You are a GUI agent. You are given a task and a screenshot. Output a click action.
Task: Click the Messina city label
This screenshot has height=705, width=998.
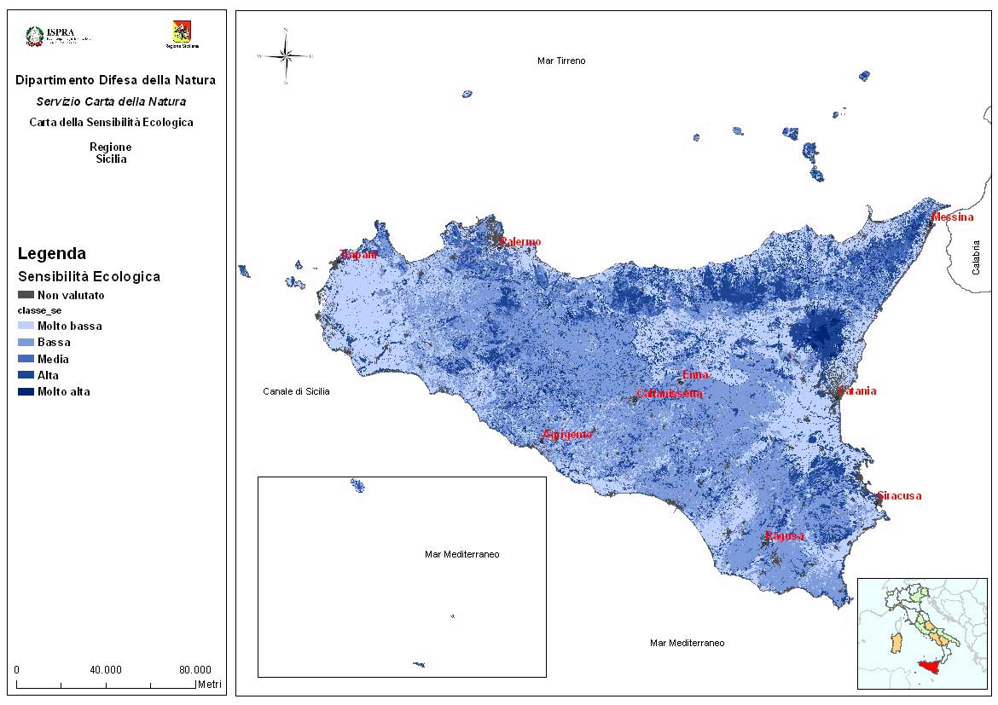(x=952, y=217)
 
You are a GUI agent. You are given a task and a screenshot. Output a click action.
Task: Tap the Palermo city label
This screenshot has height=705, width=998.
(x=520, y=242)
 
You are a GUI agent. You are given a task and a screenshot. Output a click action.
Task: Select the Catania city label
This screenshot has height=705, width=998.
(x=857, y=391)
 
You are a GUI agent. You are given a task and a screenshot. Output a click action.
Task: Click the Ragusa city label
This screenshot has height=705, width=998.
(x=784, y=536)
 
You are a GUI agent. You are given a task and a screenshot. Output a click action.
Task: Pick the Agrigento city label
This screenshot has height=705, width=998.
(x=567, y=435)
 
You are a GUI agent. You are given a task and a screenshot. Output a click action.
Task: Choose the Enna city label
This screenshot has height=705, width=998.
(x=695, y=375)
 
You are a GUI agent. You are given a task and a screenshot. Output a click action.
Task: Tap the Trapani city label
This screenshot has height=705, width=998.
(x=358, y=255)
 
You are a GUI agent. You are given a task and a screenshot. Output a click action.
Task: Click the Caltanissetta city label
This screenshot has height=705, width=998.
(x=670, y=394)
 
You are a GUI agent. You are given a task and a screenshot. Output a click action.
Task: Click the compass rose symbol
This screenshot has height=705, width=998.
(x=286, y=56)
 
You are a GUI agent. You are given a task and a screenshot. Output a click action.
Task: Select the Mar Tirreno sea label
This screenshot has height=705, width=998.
(x=561, y=61)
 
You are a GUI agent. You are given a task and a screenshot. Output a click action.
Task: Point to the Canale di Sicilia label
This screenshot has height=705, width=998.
(x=296, y=391)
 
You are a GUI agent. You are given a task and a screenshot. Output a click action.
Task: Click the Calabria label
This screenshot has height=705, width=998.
(x=976, y=257)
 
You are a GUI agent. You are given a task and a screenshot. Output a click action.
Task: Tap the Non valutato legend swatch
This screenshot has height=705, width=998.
(x=25, y=295)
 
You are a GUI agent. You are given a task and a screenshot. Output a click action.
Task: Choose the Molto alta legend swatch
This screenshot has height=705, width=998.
(x=25, y=392)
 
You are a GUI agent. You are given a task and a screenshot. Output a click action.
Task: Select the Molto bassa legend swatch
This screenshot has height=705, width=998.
(x=25, y=326)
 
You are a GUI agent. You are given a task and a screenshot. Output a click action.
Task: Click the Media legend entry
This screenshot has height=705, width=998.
(x=53, y=359)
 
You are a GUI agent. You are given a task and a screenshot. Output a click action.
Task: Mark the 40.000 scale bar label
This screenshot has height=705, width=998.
(x=106, y=669)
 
